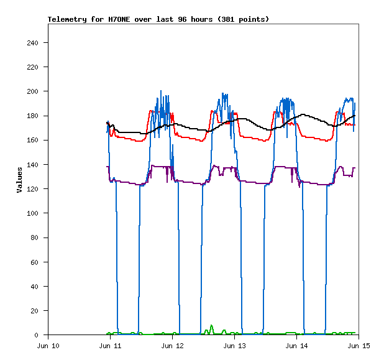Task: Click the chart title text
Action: [158, 19]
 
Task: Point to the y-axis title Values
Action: [19, 179]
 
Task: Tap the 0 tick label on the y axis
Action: [37, 335]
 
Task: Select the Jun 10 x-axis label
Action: [48, 346]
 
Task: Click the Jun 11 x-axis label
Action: [110, 346]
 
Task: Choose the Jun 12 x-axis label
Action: [172, 346]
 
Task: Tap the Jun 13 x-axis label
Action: [234, 346]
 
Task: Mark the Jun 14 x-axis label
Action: [296, 346]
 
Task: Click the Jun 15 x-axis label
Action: [359, 346]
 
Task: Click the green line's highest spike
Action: [211, 326]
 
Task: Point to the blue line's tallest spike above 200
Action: [161, 91]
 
